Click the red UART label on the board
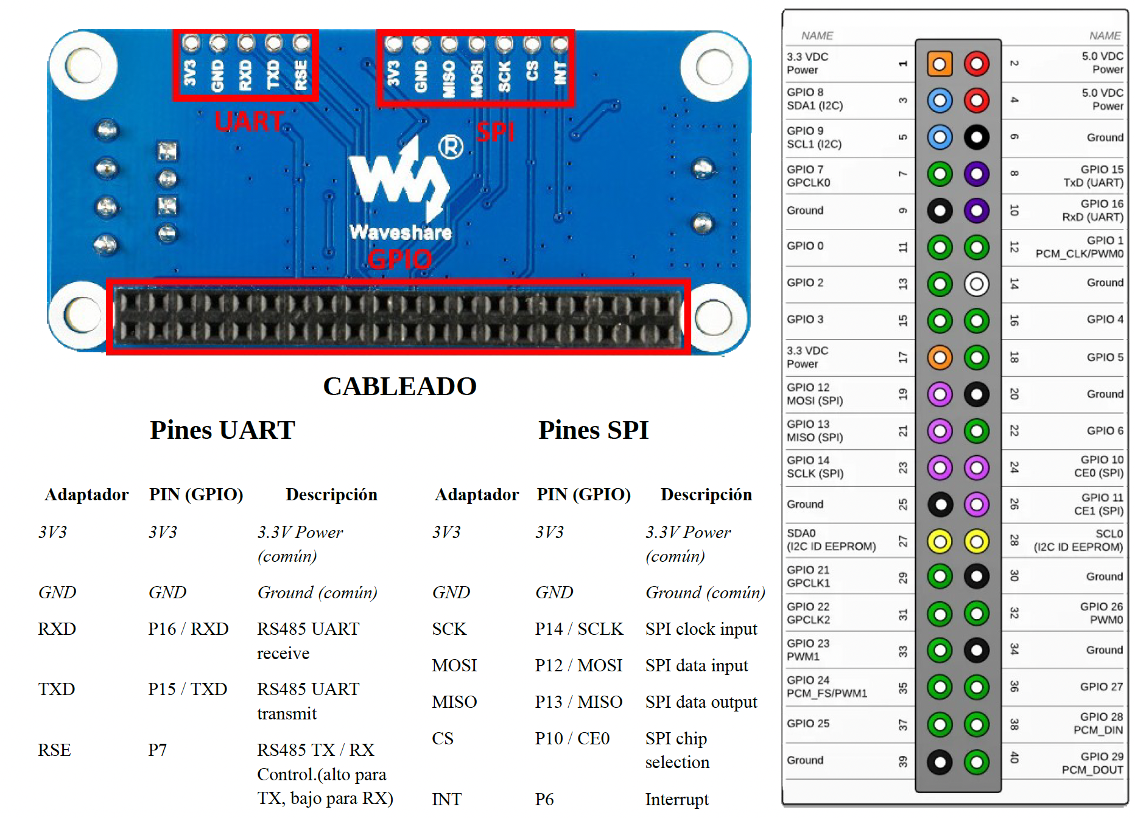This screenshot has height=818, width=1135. [x=249, y=121]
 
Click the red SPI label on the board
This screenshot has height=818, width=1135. [x=496, y=132]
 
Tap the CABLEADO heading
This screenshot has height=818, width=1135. [x=399, y=386]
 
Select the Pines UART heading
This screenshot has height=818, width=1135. [x=222, y=430]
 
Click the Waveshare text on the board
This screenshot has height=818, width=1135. [x=401, y=232]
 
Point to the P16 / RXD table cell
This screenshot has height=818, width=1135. [x=188, y=629]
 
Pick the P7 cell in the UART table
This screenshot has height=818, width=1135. [x=157, y=750]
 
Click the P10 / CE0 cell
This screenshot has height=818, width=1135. [x=572, y=738]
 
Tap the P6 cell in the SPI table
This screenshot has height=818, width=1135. [x=544, y=799]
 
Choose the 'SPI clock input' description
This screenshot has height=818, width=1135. [x=701, y=629]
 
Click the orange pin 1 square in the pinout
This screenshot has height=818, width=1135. [x=940, y=64]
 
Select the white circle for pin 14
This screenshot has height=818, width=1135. [x=977, y=284]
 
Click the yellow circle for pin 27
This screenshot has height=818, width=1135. [x=940, y=541]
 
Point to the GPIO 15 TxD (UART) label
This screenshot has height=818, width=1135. [x=1093, y=176]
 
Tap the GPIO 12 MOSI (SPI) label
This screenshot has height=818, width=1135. [x=815, y=394]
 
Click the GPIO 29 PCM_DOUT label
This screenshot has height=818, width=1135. [x=1092, y=763]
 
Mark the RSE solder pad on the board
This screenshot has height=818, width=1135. [x=301, y=43]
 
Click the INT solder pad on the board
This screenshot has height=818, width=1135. [x=560, y=44]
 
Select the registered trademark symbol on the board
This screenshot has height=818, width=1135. [x=451, y=147]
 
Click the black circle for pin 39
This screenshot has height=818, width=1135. [x=940, y=761]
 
